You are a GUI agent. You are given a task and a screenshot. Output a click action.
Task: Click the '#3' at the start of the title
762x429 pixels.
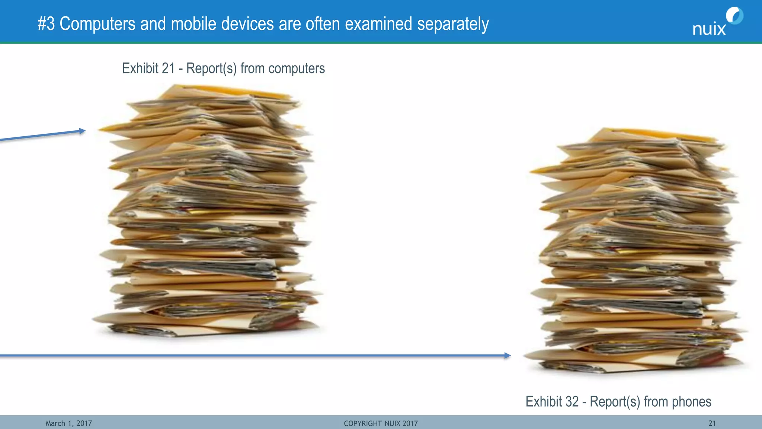46,24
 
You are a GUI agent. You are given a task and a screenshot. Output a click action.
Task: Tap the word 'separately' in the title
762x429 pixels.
453,25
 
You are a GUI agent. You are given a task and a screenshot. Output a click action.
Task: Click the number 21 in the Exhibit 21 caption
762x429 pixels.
168,69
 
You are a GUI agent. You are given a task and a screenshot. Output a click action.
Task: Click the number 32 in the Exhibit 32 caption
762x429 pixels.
572,402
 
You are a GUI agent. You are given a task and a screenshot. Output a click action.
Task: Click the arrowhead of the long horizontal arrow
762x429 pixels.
508,356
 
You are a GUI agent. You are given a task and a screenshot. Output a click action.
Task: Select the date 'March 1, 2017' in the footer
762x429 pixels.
68,423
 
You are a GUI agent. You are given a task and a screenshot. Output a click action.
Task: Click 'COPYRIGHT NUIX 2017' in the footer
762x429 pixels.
381,423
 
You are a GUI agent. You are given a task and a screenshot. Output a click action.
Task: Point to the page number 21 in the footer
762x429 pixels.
712,423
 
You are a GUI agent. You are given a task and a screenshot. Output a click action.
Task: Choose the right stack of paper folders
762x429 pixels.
636,253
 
